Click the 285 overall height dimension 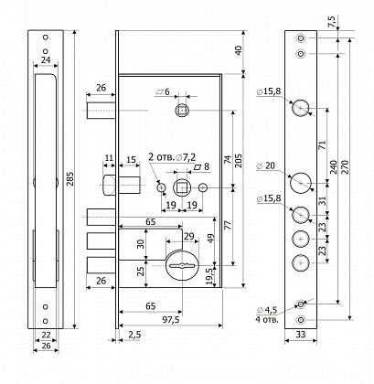coord(69,180)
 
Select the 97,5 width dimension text coord(170,320)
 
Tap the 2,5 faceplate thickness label coord(134,335)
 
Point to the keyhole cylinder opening coord(182,265)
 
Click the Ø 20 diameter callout coord(266,166)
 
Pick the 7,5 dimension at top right coord(332,22)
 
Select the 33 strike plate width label coord(301,335)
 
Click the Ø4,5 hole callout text coord(267,310)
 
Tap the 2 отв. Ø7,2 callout coord(172,157)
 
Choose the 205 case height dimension coord(239,160)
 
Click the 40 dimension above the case coord(238,50)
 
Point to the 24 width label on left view coord(46,59)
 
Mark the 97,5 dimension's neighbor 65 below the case coord(150,306)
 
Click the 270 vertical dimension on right coord(345,166)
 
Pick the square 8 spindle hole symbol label coord(202,166)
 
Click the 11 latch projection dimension coord(109,158)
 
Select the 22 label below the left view coord(46,335)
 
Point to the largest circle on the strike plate coord(301,183)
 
